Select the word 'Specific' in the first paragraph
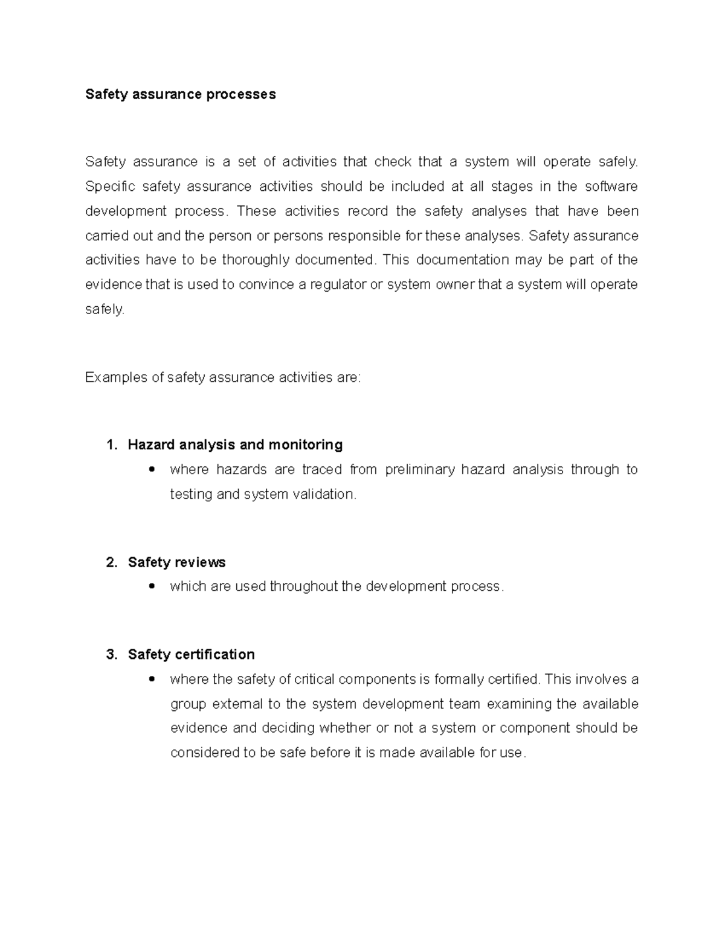[110, 187]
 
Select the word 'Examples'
[115, 377]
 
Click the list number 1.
[111, 445]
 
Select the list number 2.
[111, 562]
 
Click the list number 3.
[111, 655]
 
